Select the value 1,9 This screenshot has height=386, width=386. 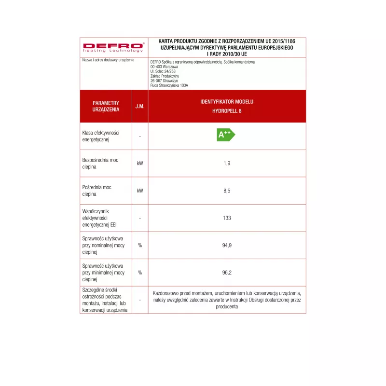pos(227,163)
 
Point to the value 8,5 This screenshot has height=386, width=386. pos(227,191)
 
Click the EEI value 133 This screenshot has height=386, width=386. pos(227,218)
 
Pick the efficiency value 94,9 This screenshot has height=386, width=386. pos(227,245)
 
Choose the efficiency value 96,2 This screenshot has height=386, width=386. pos(227,273)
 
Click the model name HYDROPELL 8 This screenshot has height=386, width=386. pos(227,110)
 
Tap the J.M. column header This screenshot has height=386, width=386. pos(140,106)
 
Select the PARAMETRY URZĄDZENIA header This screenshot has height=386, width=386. pos(106,106)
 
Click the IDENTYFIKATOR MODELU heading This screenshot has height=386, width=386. pos(227,102)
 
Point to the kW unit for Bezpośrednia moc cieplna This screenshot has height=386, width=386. pos(140,163)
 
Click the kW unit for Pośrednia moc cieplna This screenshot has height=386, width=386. pos(140,191)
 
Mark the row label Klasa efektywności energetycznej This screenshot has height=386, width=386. pos(101,136)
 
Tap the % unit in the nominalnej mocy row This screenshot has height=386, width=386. pos(140,245)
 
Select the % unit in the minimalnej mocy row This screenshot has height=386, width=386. pos(140,273)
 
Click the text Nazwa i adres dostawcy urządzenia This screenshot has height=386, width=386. pos(108,60)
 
